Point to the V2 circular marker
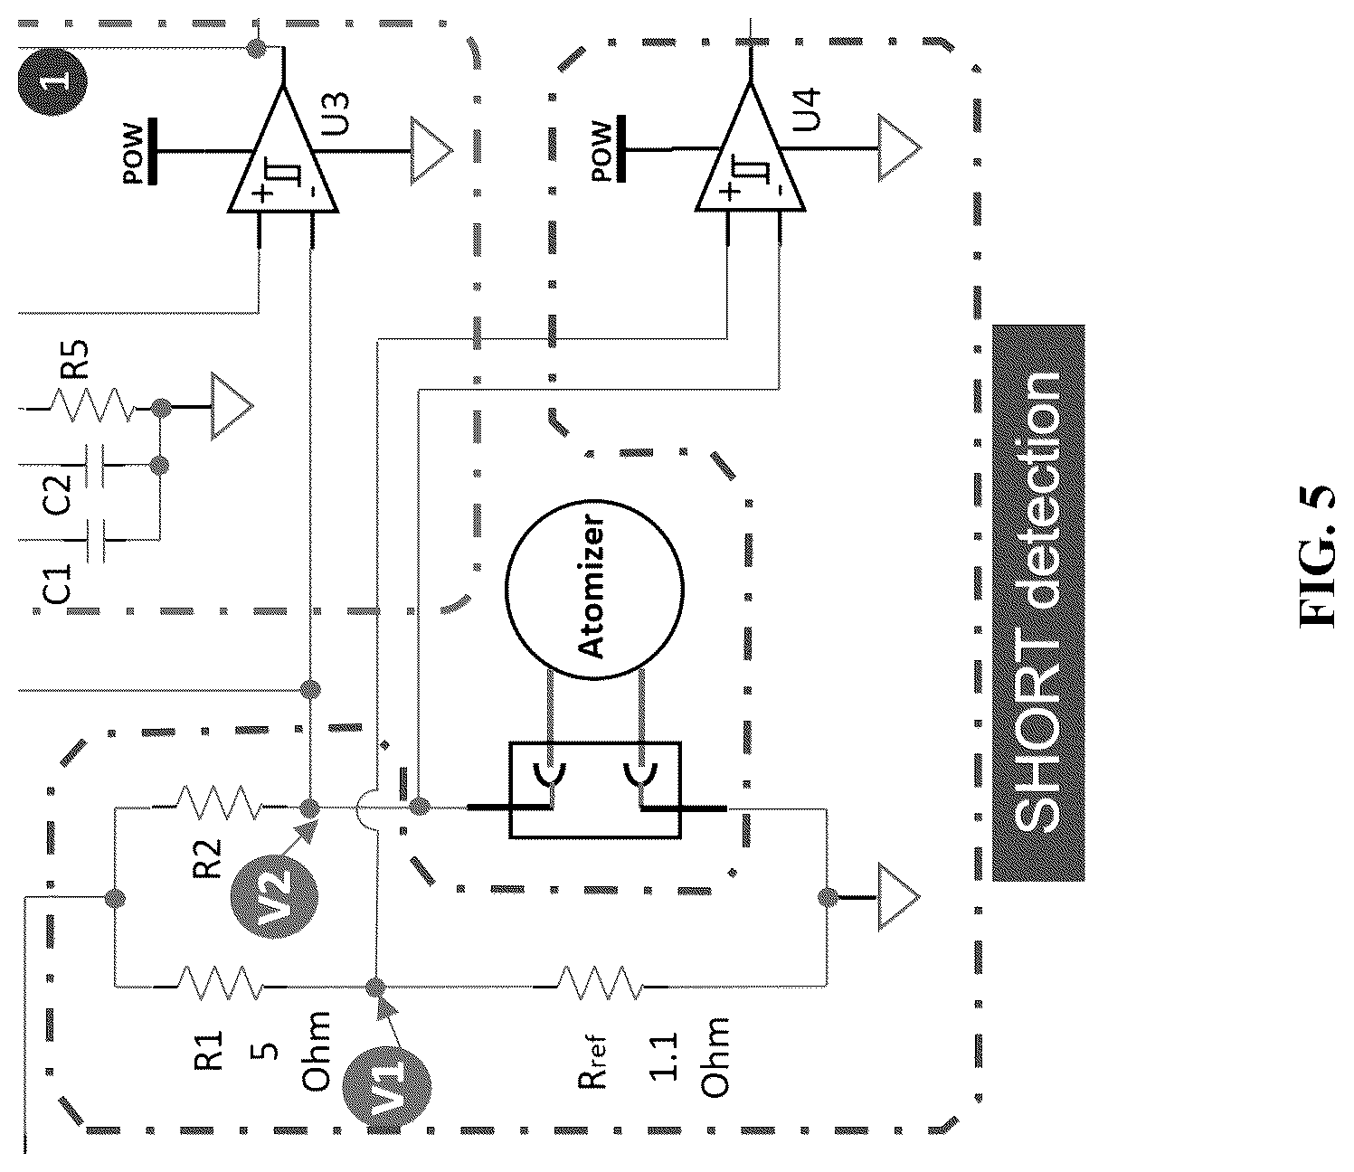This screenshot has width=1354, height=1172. pos(274,895)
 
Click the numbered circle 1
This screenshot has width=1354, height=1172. pos(52,83)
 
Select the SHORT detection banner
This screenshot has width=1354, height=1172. pos(1038,602)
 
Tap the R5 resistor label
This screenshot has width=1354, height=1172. pos(74,359)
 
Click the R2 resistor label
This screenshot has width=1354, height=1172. pos(208,858)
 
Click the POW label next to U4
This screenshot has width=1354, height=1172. pos(601,151)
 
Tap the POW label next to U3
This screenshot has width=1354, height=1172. pos(133,155)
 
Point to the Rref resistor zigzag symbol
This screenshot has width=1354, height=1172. pos(600,983)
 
